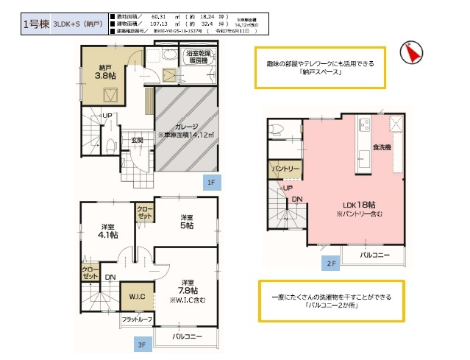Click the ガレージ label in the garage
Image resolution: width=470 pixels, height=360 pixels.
coord(185,127)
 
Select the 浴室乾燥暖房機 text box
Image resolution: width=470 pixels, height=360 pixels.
coord(199,58)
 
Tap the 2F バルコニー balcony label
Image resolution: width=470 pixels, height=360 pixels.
coord(375,255)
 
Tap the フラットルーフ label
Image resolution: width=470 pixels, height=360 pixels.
coord(137,320)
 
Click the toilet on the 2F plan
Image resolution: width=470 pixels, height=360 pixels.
coord(277,130)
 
